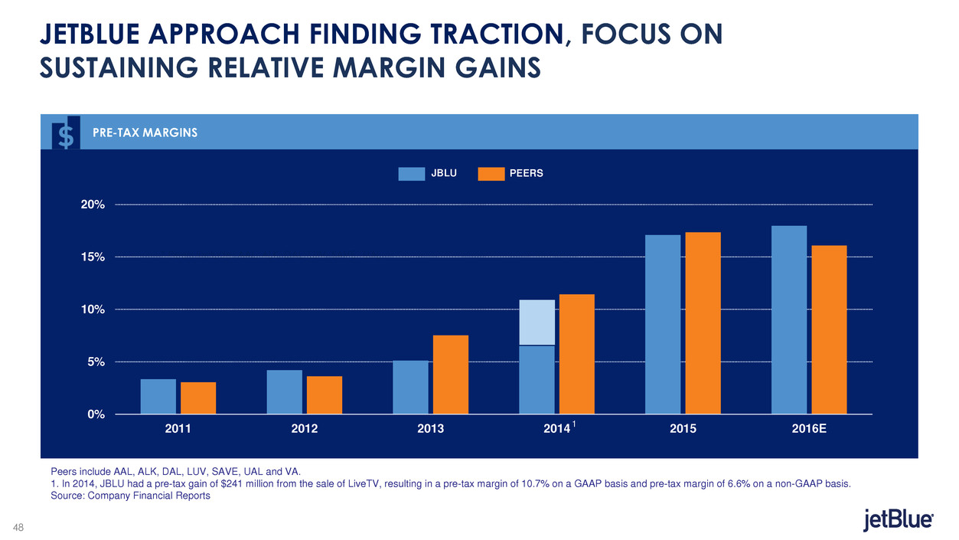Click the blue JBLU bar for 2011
(x=158, y=396)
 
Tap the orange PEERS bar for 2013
(x=451, y=375)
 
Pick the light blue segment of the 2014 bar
(x=537, y=322)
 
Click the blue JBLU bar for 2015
(x=663, y=324)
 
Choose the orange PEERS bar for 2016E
(x=829, y=329)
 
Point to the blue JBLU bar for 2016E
(x=789, y=319)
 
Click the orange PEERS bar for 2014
(x=577, y=354)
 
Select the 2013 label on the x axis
(x=430, y=430)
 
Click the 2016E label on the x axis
(x=809, y=430)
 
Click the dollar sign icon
(x=67, y=134)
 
